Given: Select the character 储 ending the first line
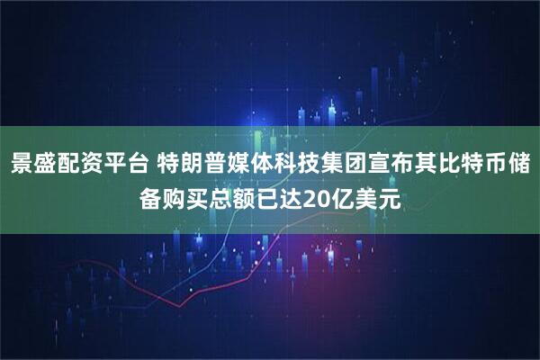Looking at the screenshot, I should (518, 165).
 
